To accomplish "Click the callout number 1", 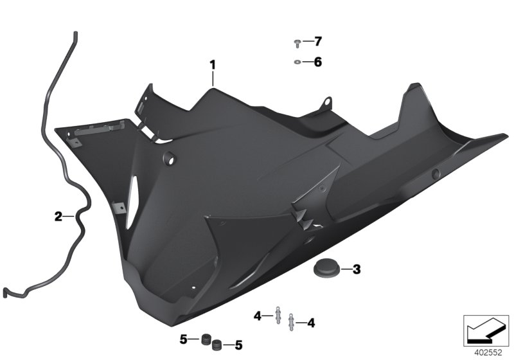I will (x=212, y=65).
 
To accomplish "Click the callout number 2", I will (x=58, y=217).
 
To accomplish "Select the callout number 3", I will (x=357, y=269).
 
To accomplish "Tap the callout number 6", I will (x=317, y=62).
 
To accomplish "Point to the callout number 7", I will (x=317, y=42).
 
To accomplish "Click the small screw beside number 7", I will (x=297, y=44).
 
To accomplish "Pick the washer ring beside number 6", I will (x=297, y=62).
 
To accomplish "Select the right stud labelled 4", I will (x=292, y=319).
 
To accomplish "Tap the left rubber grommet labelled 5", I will (x=206, y=338).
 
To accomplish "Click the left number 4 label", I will (x=258, y=316).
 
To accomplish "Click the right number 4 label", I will (x=312, y=322).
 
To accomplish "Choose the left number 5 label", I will (x=183, y=338).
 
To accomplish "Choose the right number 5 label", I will (x=238, y=346).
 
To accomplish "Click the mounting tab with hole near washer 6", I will (x=326, y=103).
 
